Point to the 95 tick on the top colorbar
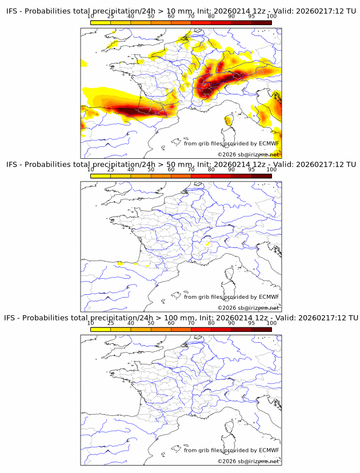[251, 17]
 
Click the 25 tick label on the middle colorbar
[111, 170]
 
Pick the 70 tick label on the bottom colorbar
[191, 323]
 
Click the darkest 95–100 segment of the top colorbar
[261, 22]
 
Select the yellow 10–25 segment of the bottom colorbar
[101, 329]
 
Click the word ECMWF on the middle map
[269, 296]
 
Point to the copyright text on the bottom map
[248, 461]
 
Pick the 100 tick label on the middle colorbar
[271, 170]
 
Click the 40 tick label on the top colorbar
[131, 17]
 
